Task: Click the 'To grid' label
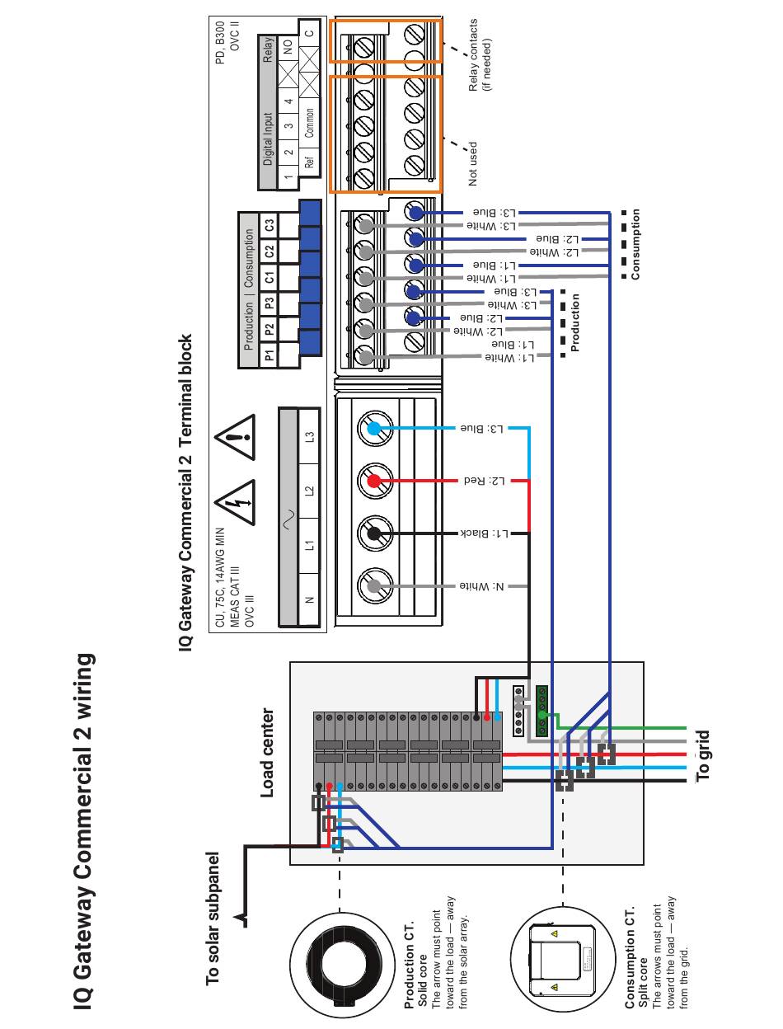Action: click(x=701, y=755)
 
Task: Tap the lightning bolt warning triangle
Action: click(x=234, y=501)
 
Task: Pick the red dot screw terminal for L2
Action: click(x=374, y=481)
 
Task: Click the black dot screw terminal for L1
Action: click(x=374, y=533)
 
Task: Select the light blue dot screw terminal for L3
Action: click(x=374, y=428)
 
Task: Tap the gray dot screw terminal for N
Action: click(x=374, y=586)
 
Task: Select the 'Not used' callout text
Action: click(x=473, y=163)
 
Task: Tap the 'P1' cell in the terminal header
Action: click(x=269, y=355)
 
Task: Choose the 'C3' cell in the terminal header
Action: click(x=269, y=224)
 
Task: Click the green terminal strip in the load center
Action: click(x=542, y=710)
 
